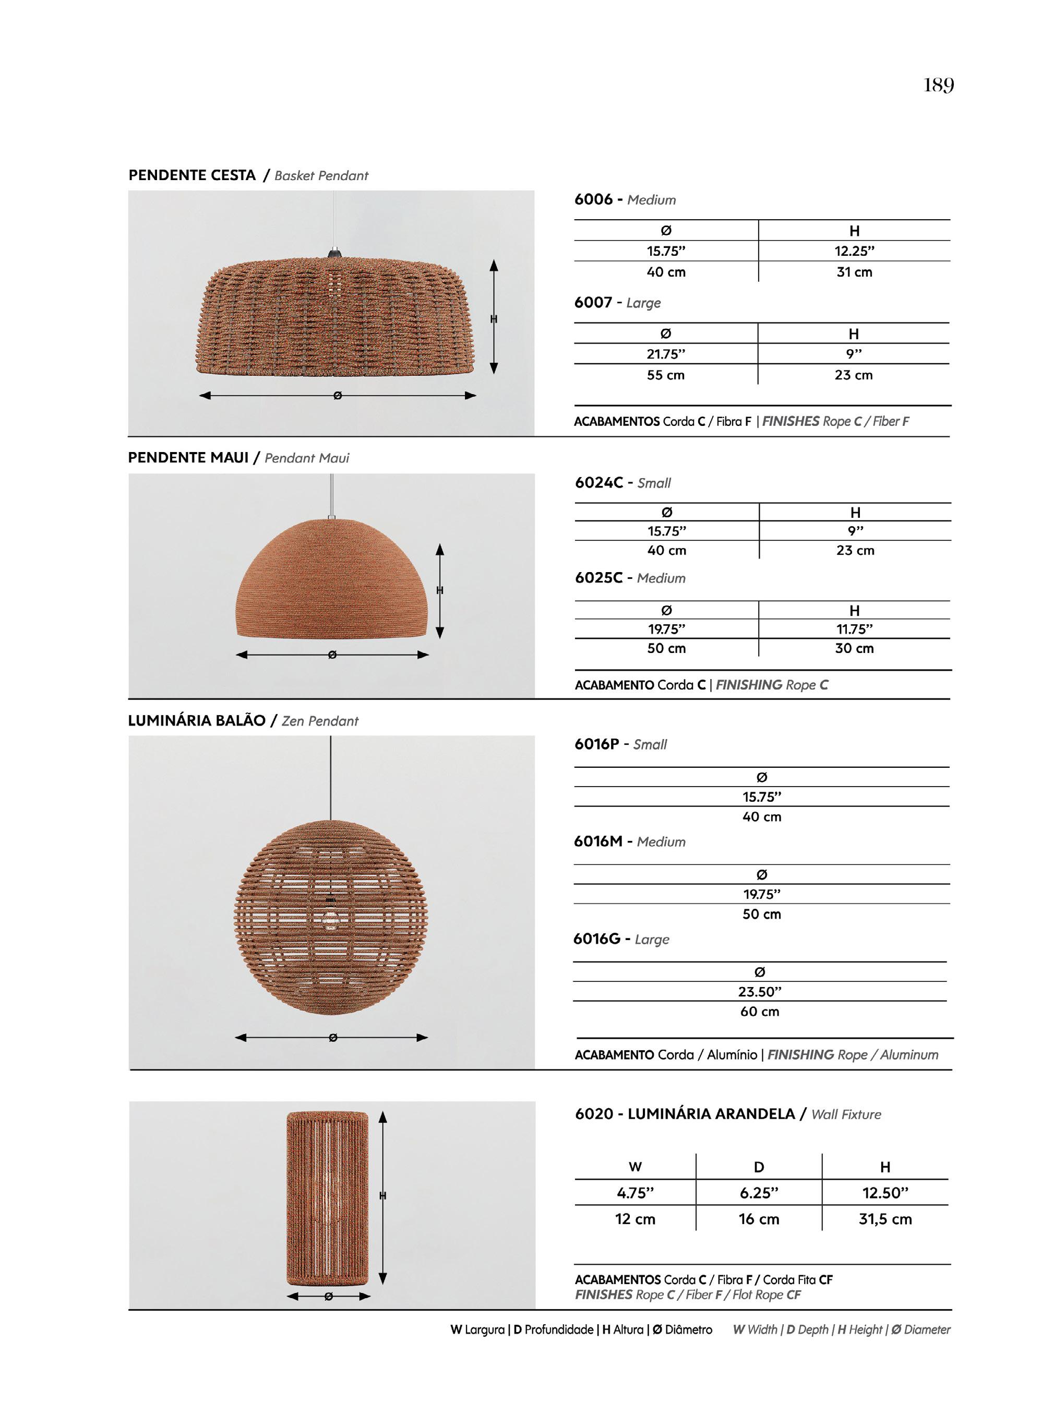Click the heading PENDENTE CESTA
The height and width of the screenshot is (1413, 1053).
point(192,175)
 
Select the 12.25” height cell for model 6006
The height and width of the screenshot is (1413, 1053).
point(854,251)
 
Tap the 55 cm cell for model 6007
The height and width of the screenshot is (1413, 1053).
point(665,375)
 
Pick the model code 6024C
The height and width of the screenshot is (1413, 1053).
point(599,483)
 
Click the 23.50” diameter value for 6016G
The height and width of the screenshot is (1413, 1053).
point(760,992)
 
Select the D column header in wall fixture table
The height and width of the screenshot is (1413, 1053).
point(759,1167)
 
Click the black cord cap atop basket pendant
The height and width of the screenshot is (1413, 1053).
point(334,254)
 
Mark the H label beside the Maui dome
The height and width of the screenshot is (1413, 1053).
point(440,590)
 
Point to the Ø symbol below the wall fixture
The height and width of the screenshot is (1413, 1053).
point(329,1296)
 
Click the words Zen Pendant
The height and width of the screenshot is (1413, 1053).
point(320,721)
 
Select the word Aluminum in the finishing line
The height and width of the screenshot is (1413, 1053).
point(909,1054)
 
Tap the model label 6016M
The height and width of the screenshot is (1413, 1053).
point(597,841)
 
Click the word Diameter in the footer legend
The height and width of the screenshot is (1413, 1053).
point(927,1329)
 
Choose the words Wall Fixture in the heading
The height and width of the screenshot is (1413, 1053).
point(846,1114)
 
